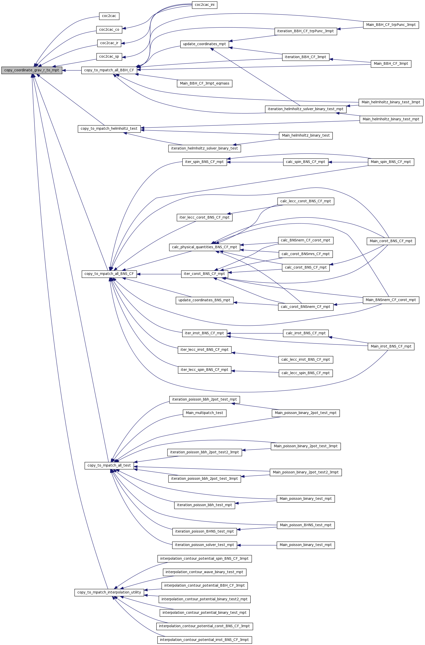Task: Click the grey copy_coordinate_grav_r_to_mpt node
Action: coord(32,70)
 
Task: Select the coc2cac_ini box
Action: coord(205,5)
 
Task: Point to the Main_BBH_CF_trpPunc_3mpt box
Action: coord(391,25)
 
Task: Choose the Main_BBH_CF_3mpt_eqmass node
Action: coord(205,84)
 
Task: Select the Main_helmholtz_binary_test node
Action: coord(306,136)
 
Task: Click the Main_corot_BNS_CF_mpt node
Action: coord(391,241)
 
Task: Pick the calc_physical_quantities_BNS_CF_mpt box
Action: coord(205,247)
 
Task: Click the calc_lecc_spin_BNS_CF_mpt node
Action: coord(306,373)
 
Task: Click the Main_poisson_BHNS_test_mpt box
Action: coord(306,525)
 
